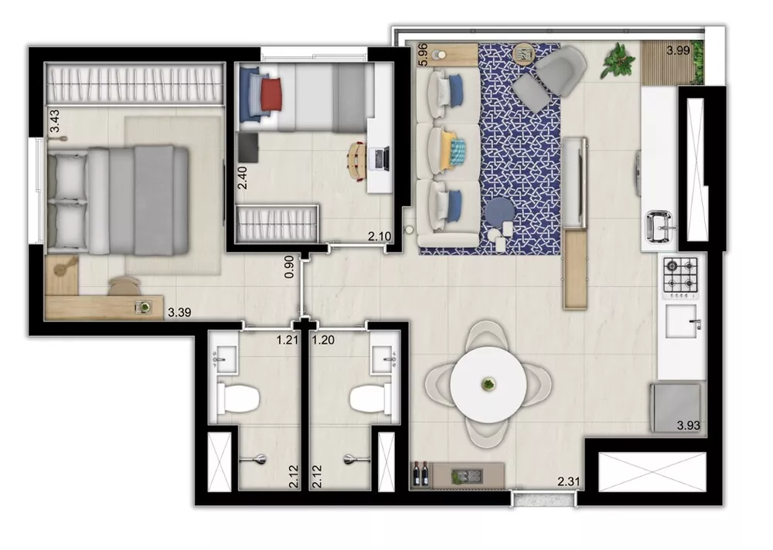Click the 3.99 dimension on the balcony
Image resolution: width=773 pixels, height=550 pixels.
pos(679,52)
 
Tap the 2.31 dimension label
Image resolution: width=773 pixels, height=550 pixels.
pos(570,483)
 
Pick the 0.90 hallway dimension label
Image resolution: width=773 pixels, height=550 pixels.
pos(289,267)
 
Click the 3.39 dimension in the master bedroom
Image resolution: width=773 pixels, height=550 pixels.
pos(179,312)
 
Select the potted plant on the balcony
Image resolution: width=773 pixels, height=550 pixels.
pos(618,59)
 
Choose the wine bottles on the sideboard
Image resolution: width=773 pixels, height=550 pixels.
pos(422,472)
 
